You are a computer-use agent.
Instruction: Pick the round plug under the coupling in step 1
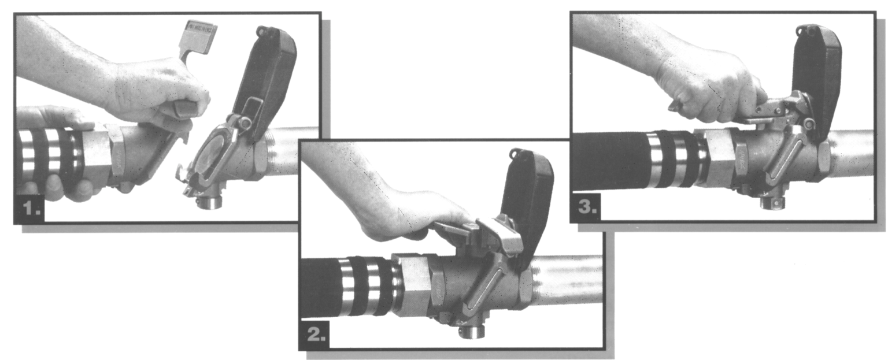point(210,202)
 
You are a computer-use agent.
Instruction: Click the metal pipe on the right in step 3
point(853,152)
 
